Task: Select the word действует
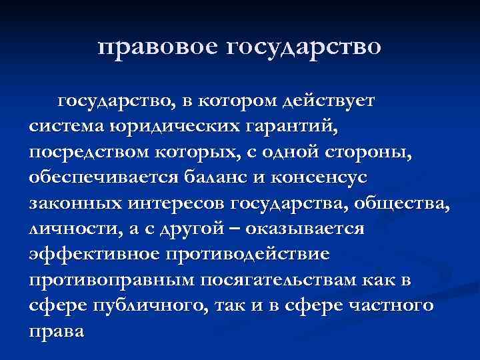[x=329, y=102]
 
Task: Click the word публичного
[x=150, y=305]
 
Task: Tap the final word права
[x=57, y=331]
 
